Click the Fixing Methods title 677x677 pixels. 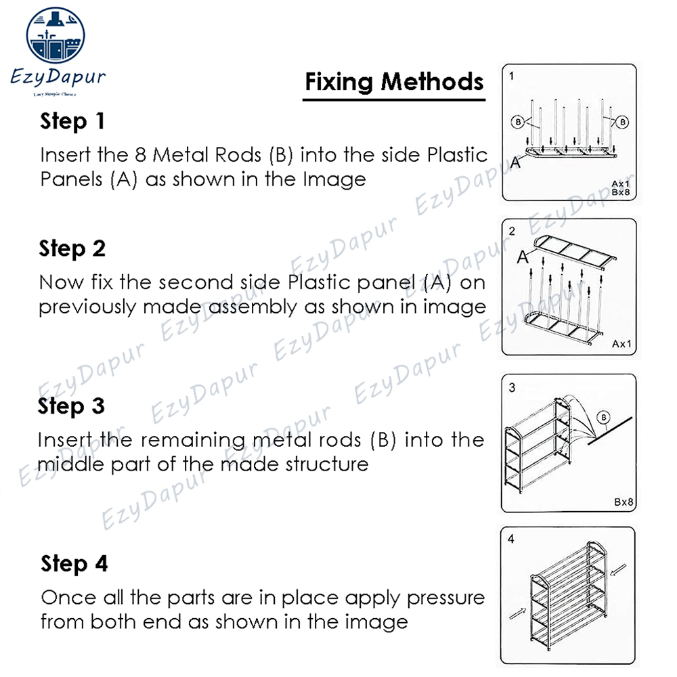click(x=394, y=82)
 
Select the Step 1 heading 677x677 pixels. click(x=72, y=122)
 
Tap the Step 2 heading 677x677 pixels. click(x=72, y=248)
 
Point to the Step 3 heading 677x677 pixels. click(x=72, y=406)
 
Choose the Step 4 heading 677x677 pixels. click(x=74, y=563)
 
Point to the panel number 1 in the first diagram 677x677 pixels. click(x=512, y=76)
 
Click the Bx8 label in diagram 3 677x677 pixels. click(x=623, y=502)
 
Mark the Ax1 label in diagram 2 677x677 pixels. click(x=621, y=344)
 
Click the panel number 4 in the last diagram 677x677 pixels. click(x=511, y=540)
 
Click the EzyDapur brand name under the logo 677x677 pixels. click(x=58, y=77)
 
